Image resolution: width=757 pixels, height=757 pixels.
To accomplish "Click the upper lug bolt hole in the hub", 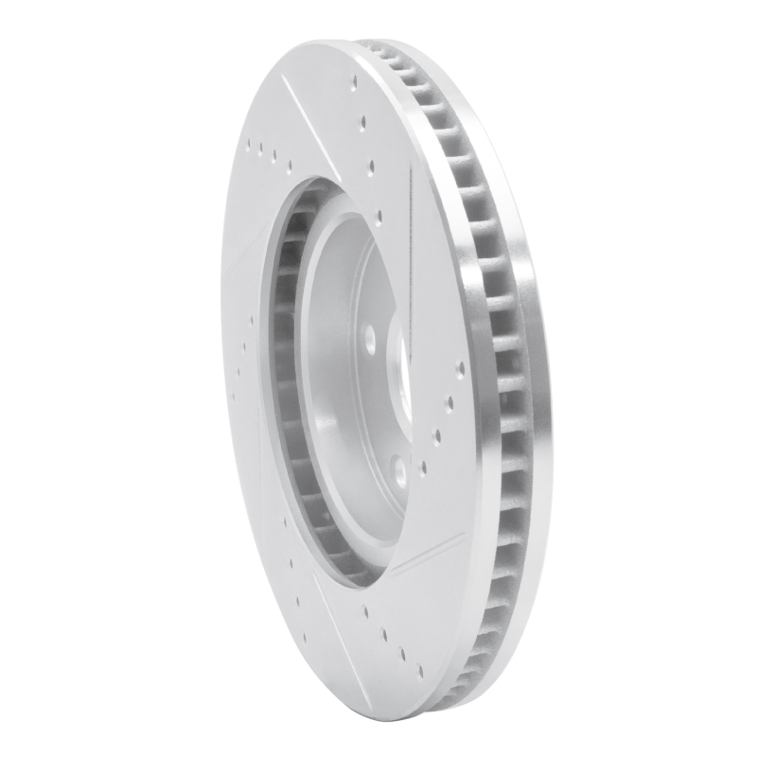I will (x=370, y=336).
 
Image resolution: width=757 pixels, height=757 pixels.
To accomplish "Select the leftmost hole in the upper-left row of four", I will (x=249, y=145).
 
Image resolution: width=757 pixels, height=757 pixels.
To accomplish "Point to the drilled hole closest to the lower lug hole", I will (x=422, y=466).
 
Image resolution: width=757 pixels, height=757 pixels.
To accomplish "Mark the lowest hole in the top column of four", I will (x=379, y=217).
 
